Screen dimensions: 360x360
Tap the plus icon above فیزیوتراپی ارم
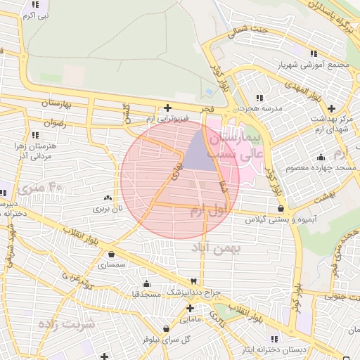(167, 108)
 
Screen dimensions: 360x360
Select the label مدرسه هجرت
(259, 108)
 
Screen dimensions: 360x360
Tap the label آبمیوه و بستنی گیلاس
(281, 219)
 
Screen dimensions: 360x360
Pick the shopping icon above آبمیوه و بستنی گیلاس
(281, 208)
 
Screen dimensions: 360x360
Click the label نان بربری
(108, 209)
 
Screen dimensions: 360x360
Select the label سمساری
(112, 265)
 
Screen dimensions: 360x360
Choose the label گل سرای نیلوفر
(167, 339)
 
